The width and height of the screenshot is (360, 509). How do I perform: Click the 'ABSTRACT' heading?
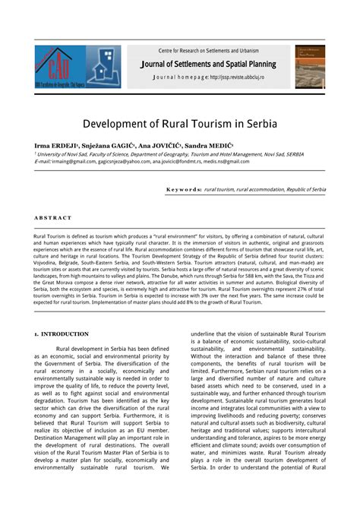tap(53, 217)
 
